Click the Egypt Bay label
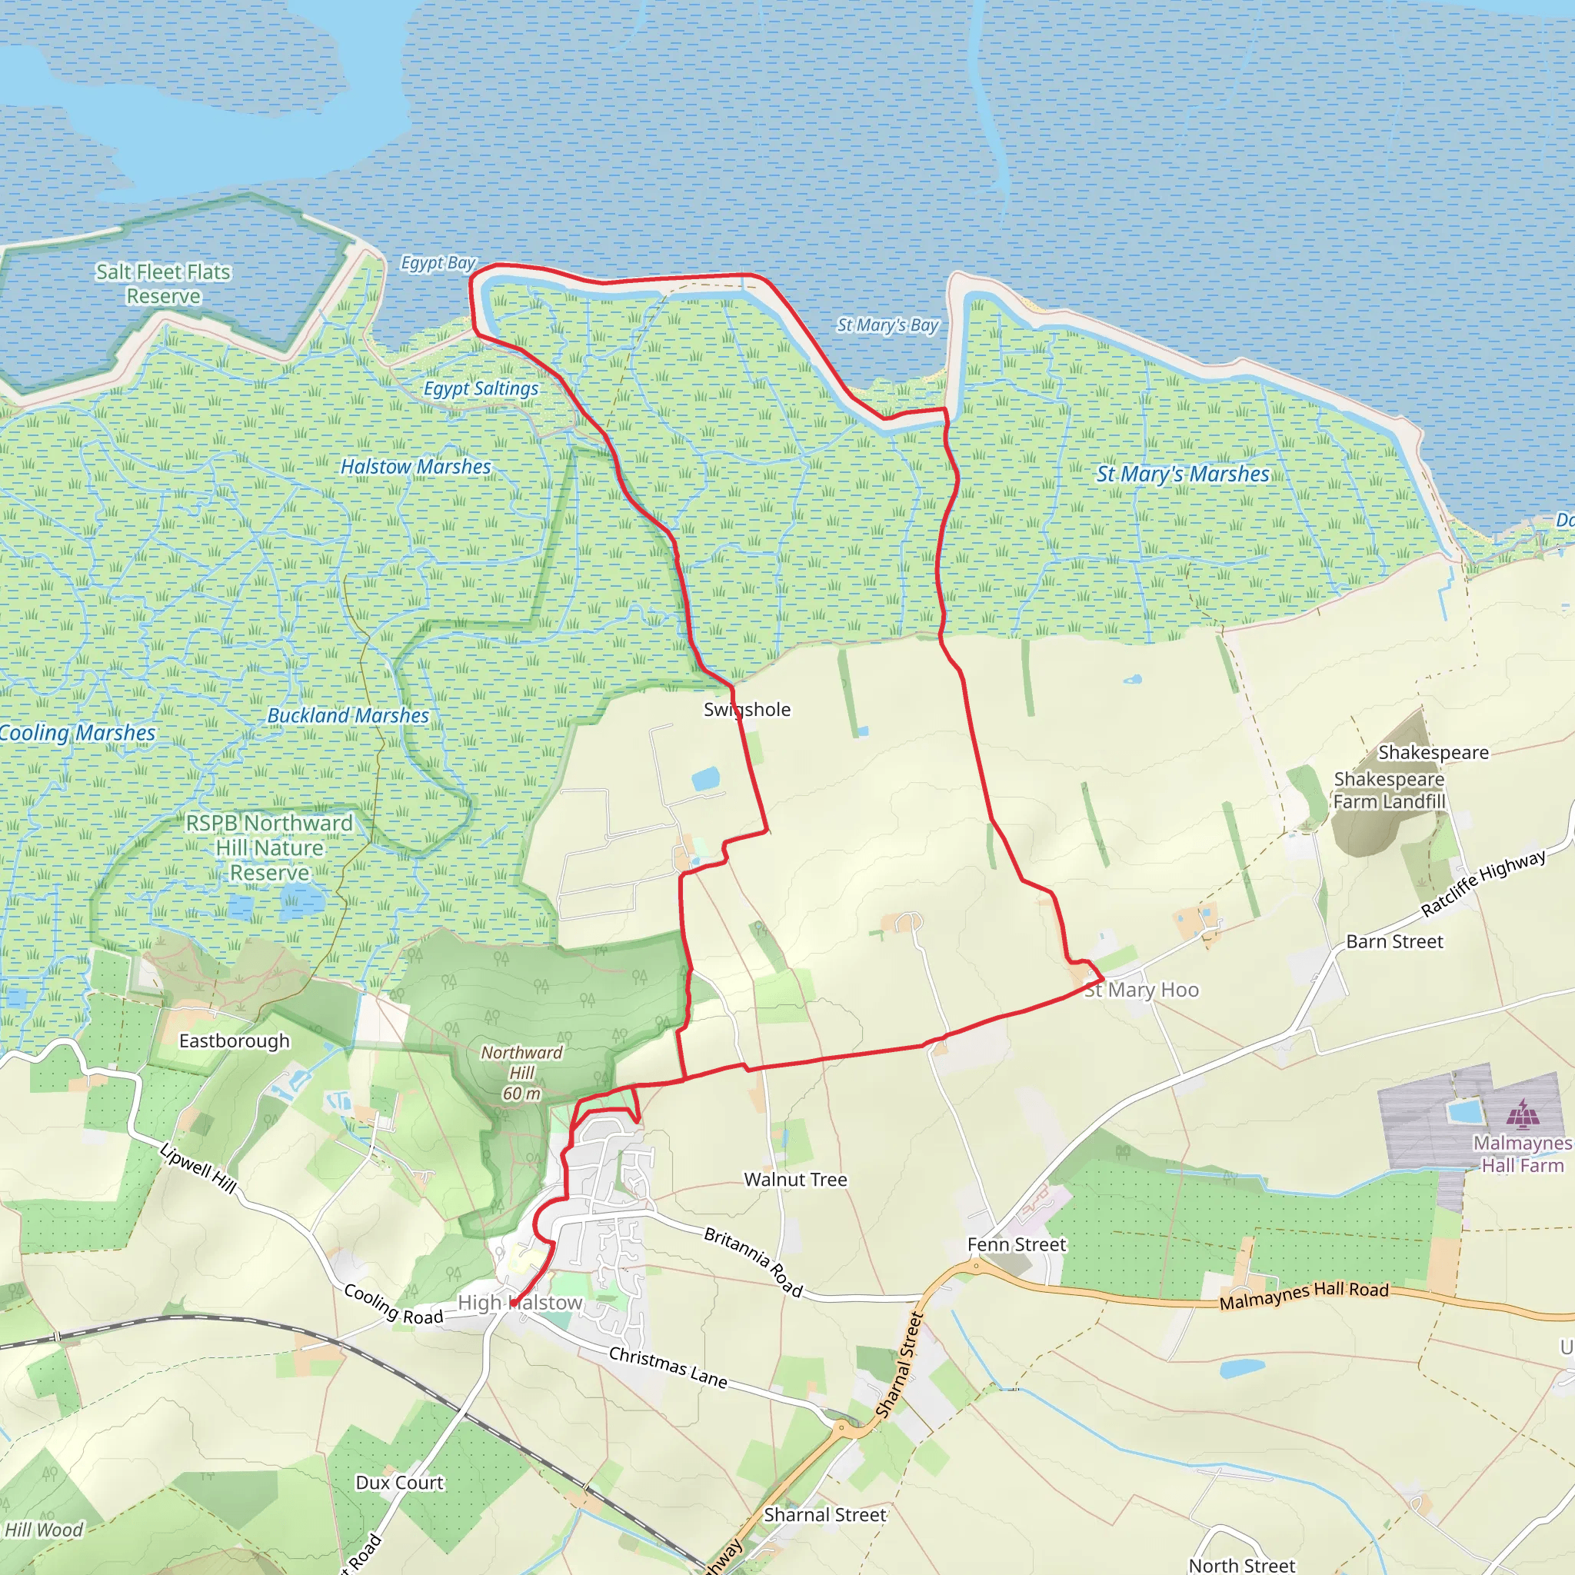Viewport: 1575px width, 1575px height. (x=438, y=262)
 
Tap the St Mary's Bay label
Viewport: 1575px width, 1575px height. (x=887, y=325)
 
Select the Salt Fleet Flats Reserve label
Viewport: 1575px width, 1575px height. (x=163, y=284)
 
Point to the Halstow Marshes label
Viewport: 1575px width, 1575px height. (x=416, y=466)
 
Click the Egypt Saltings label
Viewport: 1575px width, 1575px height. (x=481, y=388)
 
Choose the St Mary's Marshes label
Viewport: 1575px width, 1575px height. (x=1183, y=474)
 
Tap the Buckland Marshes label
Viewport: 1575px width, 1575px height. (x=348, y=715)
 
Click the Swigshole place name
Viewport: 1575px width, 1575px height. (x=747, y=709)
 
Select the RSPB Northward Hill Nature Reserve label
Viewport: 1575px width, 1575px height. (x=269, y=847)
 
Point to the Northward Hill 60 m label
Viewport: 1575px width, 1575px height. (x=521, y=1073)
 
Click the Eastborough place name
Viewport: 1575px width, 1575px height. (x=234, y=1041)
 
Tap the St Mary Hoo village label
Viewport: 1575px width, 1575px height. (x=1141, y=990)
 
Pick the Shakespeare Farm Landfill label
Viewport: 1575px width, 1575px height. (x=1389, y=790)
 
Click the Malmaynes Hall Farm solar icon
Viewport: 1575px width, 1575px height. (x=1521, y=1112)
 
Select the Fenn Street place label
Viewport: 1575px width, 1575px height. (x=1017, y=1244)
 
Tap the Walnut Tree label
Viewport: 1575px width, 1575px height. (x=796, y=1180)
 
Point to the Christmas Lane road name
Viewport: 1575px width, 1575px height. (x=668, y=1367)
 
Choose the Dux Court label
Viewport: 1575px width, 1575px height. (x=399, y=1483)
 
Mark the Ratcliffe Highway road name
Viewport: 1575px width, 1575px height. (x=1483, y=883)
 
